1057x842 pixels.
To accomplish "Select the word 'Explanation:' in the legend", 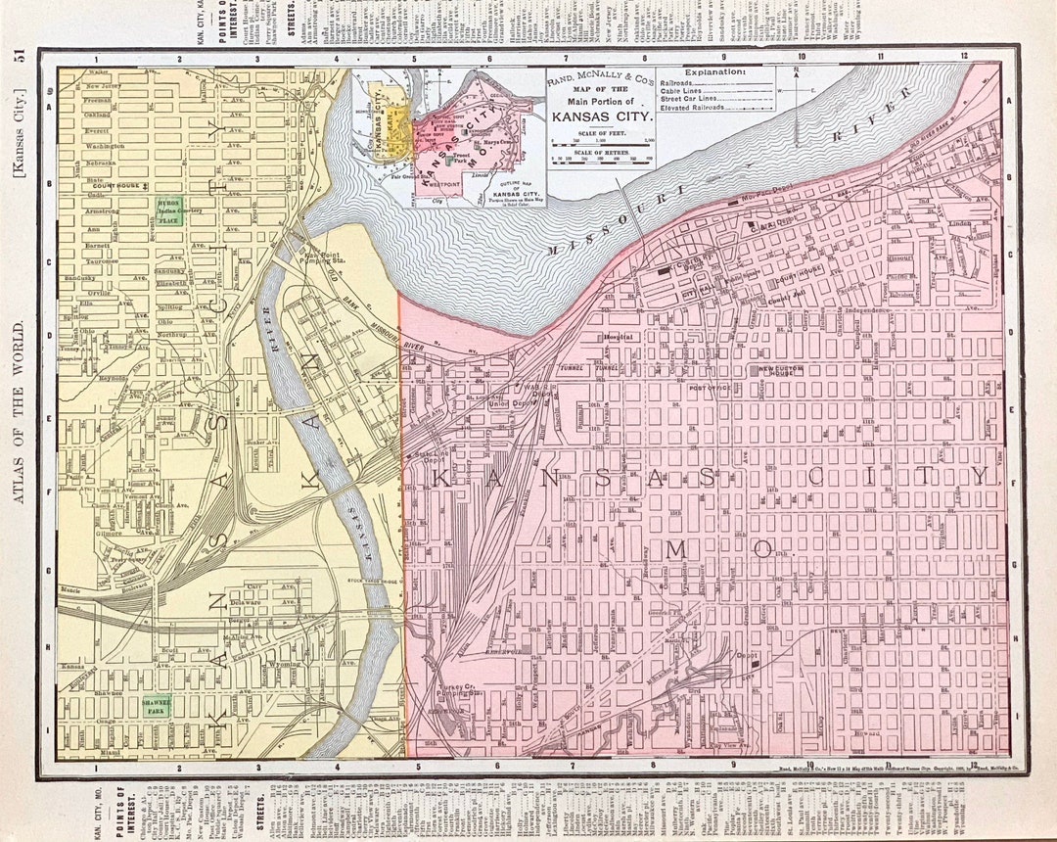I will [714, 72].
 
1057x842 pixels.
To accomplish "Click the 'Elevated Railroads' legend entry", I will [695, 107].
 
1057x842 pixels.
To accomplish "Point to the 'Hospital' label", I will [619, 336].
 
